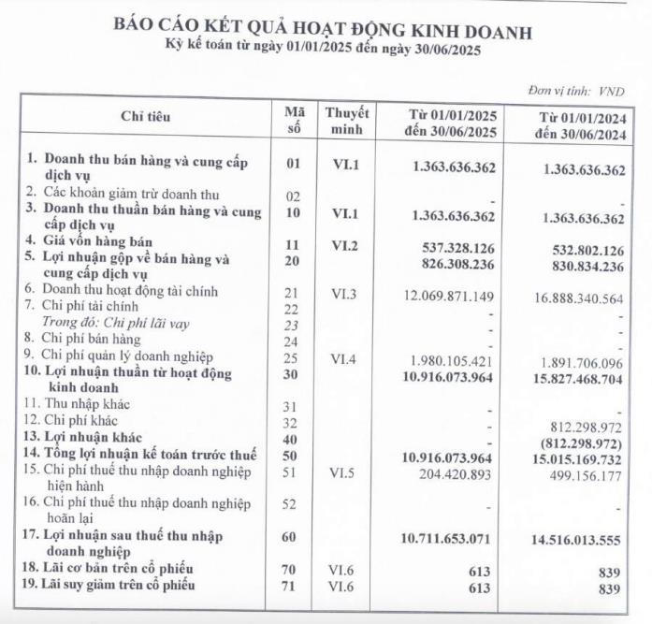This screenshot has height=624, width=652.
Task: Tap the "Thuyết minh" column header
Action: (x=347, y=121)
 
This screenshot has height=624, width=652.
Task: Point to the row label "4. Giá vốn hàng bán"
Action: (x=90, y=239)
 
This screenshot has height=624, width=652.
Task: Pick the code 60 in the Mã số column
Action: (x=291, y=538)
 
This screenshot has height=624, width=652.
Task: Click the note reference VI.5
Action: (x=347, y=474)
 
